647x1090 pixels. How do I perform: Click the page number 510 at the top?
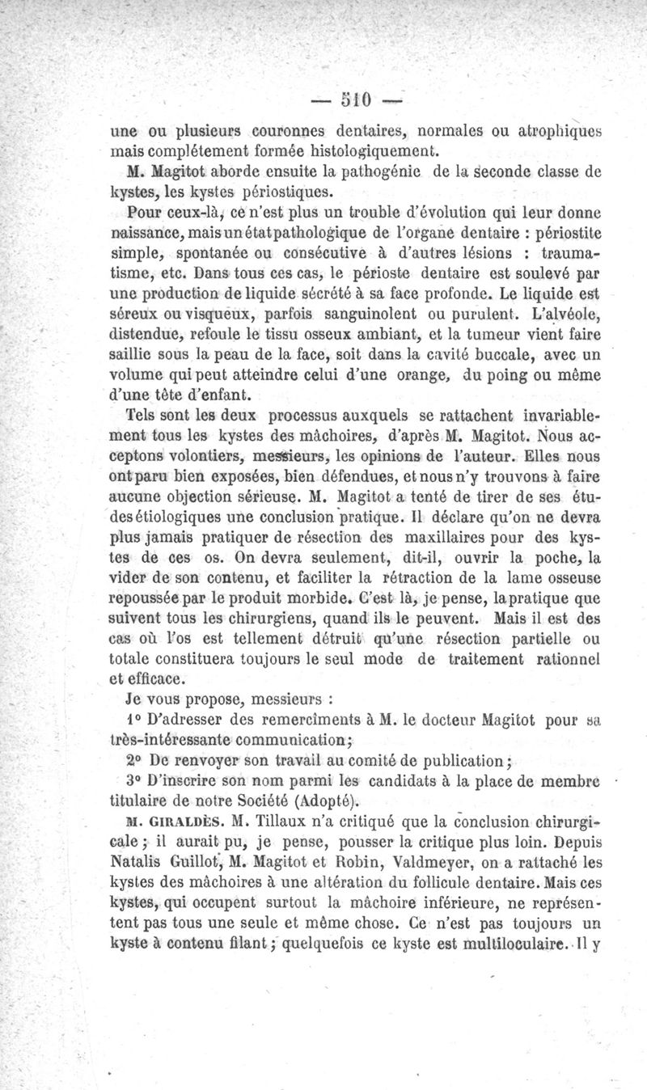coord(353,102)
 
